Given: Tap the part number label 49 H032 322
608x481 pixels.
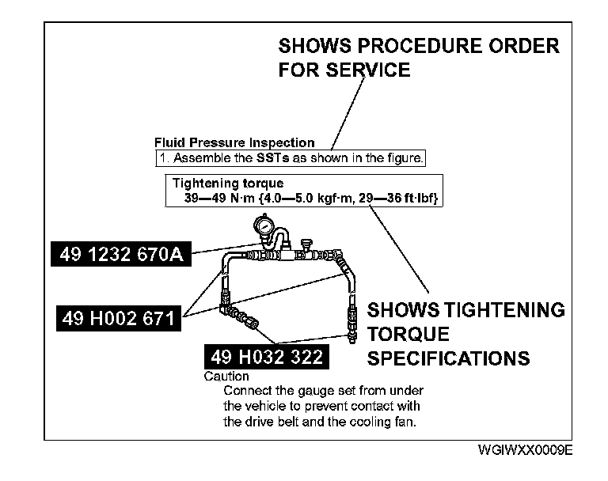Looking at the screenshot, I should coord(265,358).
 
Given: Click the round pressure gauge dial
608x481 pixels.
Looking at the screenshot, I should coord(266,227).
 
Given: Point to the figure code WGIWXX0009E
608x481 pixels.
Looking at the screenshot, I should coord(524,450).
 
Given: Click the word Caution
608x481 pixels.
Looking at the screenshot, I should coord(226,377).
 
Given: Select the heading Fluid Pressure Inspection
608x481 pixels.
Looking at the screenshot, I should coord(234,143).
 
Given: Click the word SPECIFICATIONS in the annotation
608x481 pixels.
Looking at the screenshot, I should coord(449,358).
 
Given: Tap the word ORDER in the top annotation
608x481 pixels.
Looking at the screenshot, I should coord(525,45).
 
